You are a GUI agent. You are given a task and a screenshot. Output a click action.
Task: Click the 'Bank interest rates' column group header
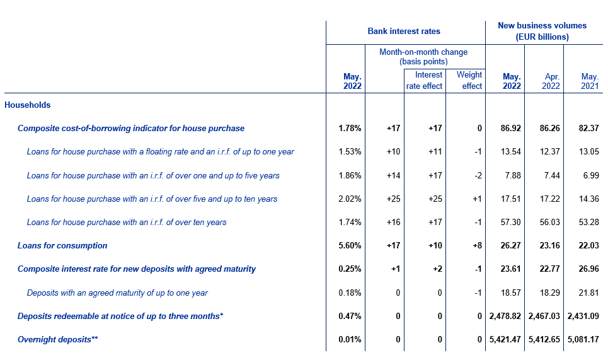tap(404, 31)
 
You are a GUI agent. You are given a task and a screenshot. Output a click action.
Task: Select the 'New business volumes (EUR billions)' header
tap(542, 31)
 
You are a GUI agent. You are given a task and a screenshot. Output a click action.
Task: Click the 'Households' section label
tap(28, 105)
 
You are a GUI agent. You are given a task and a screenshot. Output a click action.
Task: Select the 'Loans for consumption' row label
tap(62, 245)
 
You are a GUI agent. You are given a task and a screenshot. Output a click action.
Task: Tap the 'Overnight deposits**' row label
tap(57, 340)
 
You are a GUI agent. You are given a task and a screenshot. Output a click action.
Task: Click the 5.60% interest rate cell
tap(350, 245)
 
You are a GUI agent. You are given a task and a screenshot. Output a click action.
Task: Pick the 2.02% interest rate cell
tap(350, 199)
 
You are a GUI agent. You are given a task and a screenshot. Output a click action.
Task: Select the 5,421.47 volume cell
tap(505, 340)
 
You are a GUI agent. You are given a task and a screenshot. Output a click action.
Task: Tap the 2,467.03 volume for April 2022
tap(544, 316)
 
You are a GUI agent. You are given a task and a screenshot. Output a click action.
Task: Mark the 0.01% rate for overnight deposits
tap(350, 340)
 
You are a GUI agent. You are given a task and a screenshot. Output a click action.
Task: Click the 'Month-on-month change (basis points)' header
tap(423, 57)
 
